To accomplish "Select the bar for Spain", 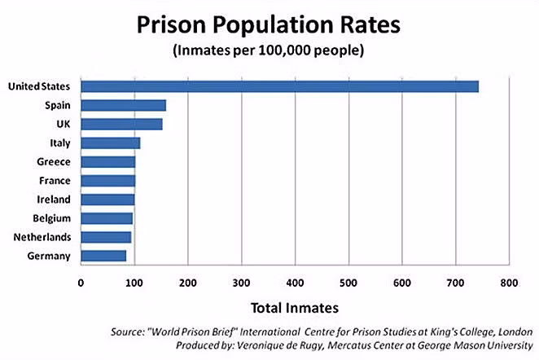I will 123,105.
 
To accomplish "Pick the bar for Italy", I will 110,143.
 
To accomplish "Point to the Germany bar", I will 103,256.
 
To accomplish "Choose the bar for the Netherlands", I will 106,237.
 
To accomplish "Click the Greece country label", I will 54,162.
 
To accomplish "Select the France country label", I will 54,181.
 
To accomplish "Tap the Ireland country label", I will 54,200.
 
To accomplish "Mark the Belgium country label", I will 51,218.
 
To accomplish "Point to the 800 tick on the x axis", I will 509,283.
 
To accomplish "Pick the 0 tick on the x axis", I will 81,283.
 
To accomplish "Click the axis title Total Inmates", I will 296,308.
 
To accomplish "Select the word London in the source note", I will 513,331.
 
